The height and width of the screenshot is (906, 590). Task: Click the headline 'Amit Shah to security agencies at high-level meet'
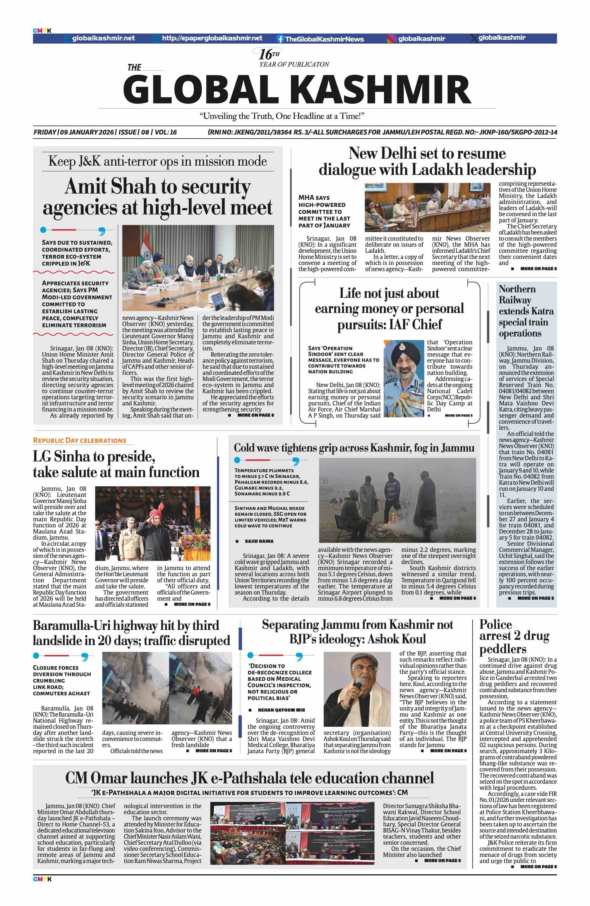[158, 197]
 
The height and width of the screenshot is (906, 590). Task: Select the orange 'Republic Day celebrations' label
[80, 441]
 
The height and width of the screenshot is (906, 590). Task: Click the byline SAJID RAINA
[259, 541]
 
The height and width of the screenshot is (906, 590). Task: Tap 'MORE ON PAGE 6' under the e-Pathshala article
[442, 860]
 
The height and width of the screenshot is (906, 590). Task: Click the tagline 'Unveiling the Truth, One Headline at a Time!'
[282, 116]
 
